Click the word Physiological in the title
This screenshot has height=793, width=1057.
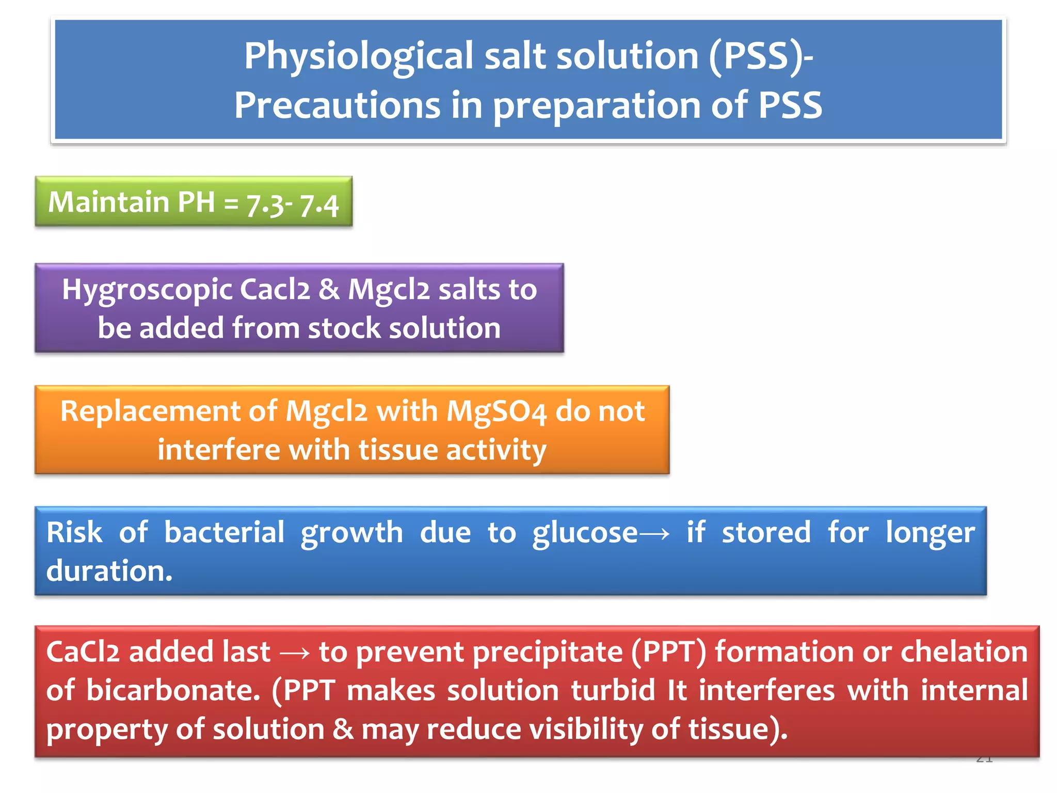pos(358,57)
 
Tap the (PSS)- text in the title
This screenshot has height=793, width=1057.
pos(761,57)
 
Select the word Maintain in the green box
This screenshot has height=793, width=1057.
pos(109,202)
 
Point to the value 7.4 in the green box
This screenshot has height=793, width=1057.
pos(319,205)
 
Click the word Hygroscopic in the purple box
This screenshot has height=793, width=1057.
pos(147,290)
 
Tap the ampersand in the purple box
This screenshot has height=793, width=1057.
pos(329,289)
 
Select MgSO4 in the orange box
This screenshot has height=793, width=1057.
pos(496,412)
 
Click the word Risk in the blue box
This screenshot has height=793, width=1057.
pos(74,532)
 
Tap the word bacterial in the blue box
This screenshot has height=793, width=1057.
pos(224,532)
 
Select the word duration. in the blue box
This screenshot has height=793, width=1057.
pos(109,571)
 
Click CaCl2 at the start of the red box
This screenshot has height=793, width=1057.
pos(83,652)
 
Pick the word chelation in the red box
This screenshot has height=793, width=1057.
pos(964,652)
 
